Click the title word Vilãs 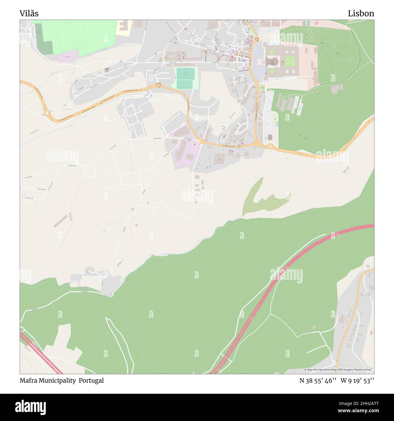(29, 14)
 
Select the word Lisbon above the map (361, 14)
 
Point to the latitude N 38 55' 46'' (318, 380)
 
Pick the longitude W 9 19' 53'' (357, 380)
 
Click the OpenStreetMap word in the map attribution (329, 370)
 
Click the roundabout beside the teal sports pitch (158, 85)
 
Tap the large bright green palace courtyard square (290, 61)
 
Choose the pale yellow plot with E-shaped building (124, 27)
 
